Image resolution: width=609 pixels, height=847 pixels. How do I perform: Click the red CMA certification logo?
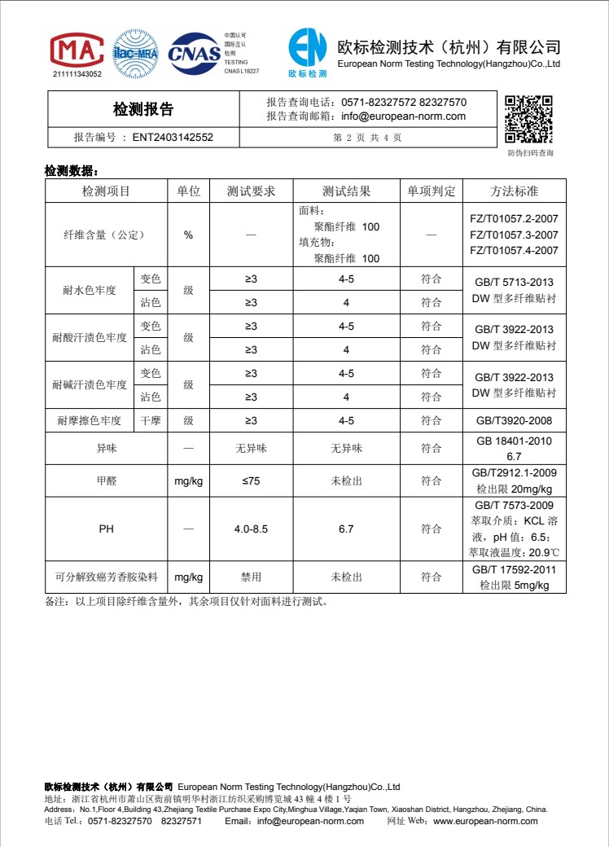tap(77, 51)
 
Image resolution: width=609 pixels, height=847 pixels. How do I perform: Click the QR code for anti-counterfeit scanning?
tap(529, 119)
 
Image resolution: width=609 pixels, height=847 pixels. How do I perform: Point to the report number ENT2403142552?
tap(173, 138)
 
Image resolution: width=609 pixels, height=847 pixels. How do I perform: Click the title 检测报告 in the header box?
tap(143, 109)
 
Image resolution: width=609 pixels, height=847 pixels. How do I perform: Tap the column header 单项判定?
tap(432, 191)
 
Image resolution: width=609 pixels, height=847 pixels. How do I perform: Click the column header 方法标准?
tap(515, 191)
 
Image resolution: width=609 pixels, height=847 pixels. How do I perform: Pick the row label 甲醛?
tap(107, 481)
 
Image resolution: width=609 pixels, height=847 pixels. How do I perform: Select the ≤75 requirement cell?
tap(251, 481)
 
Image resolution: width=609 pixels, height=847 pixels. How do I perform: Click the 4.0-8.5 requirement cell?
tap(251, 529)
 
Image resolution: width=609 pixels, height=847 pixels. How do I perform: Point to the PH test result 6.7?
tap(346, 529)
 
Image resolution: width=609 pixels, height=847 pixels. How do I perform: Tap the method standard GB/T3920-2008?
tap(515, 421)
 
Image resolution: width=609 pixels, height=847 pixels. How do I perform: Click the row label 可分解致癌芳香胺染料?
tap(107, 577)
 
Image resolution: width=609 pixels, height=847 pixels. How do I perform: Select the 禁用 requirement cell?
tap(251, 577)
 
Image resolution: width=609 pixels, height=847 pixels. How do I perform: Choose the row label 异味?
tap(107, 449)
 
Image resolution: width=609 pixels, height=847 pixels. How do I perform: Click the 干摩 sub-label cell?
tap(151, 421)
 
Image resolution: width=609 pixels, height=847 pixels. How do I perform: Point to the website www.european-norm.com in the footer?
tap(485, 821)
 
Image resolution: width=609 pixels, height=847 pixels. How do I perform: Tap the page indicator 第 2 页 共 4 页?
tap(367, 138)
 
